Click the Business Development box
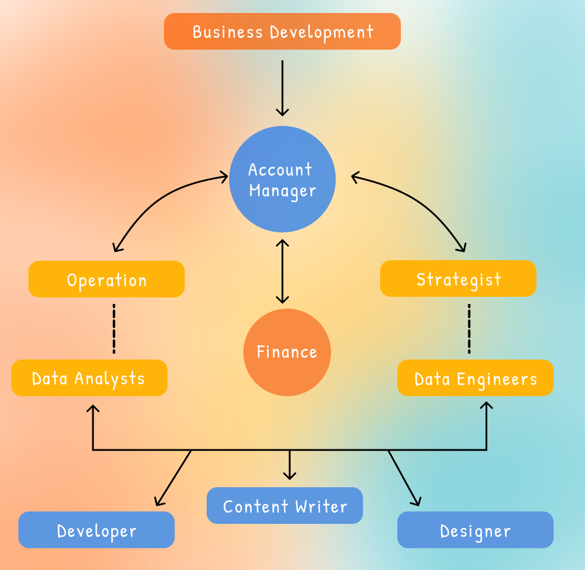point(282,31)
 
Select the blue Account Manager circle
point(282,179)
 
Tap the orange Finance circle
point(287,352)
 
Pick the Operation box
point(107,279)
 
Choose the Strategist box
point(458,278)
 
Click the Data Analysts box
point(89,378)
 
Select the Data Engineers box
point(475,378)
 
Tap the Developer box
point(97,530)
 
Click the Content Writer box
point(285,506)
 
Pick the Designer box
point(475,530)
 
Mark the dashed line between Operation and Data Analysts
point(114,328)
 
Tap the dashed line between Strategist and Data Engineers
point(469,328)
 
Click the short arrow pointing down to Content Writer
point(290,465)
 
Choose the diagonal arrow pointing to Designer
point(404,478)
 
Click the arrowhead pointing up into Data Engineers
point(487,406)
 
